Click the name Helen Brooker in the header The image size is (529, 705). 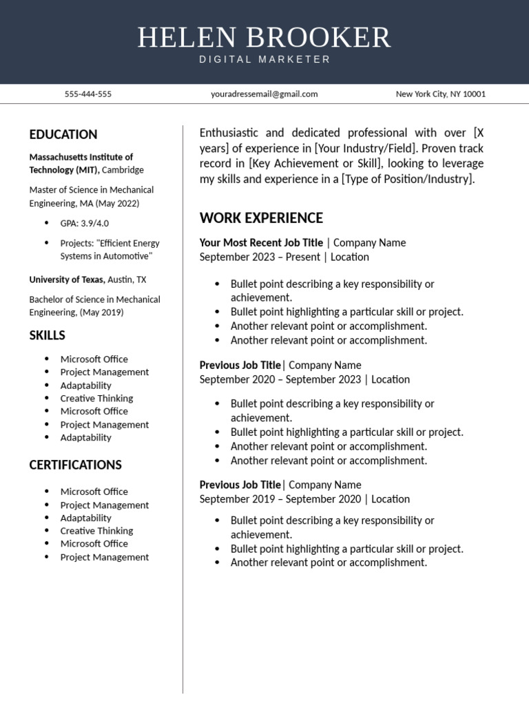(x=264, y=37)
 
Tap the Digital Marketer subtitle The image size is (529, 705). (x=264, y=60)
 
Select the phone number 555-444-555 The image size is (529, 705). (x=87, y=94)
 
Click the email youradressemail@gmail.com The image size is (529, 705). (x=264, y=94)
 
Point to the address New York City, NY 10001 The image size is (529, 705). (x=440, y=94)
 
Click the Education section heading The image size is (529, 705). (x=63, y=134)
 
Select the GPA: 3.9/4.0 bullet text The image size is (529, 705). (x=85, y=223)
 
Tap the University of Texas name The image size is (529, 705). (x=67, y=280)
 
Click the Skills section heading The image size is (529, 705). (x=48, y=335)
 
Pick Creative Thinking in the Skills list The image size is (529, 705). (x=96, y=398)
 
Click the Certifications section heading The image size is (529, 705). (x=75, y=465)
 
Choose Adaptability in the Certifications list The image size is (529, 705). (x=85, y=518)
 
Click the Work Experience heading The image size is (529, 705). (x=261, y=218)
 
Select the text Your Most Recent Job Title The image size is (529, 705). (x=261, y=242)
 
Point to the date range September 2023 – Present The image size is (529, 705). (x=260, y=257)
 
